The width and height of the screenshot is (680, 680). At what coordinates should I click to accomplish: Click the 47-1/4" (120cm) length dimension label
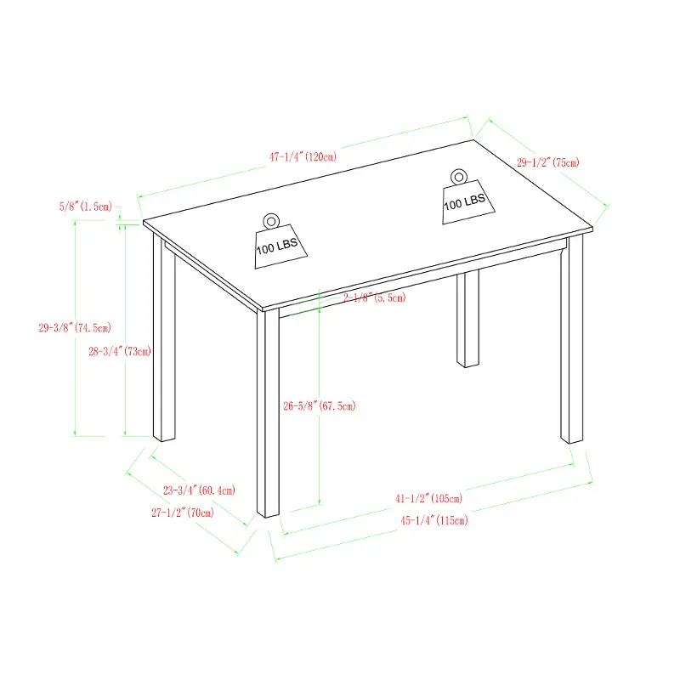coord(303,156)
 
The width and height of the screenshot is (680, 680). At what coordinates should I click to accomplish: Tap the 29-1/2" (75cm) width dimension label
coord(547,162)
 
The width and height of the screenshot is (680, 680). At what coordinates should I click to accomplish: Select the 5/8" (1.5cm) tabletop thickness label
coord(86,207)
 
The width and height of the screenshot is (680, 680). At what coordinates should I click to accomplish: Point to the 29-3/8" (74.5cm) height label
coord(75,328)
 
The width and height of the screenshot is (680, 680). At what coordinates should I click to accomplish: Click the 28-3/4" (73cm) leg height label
coord(120,351)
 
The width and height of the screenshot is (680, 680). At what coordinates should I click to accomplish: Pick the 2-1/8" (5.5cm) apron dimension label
coord(375,297)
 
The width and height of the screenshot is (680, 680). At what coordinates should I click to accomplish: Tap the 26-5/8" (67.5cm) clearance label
coord(320,406)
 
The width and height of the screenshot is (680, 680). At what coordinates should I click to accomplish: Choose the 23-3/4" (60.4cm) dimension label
coord(199,490)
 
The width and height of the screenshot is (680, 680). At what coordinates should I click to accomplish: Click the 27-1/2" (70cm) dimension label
coord(183,513)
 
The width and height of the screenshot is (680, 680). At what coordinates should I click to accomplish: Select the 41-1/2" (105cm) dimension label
coord(429,498)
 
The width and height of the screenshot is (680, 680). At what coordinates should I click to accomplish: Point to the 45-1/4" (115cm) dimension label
coord(434,520)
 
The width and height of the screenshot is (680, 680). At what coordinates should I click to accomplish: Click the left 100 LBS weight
coord(280,246)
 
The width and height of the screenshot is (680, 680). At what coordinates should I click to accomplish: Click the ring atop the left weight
coord(271,221)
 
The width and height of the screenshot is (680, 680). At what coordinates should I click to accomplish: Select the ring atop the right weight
coord(458,177)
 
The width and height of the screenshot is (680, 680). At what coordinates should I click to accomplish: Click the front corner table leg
coord(268,413)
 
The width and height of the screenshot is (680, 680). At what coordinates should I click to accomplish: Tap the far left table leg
coord(164,338)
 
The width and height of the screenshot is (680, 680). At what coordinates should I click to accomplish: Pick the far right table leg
coord(572,339)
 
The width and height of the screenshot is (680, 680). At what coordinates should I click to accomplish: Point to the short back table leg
coord(468,319)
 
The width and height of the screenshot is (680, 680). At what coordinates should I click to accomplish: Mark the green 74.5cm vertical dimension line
coord(75,328)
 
